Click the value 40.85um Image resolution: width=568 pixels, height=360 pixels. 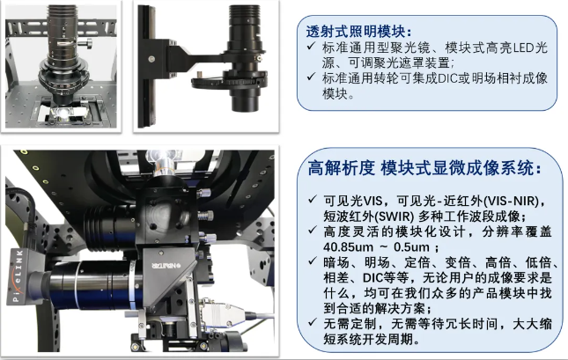[x=337, y=248]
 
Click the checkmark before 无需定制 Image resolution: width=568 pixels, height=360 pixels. [x=314, y=325]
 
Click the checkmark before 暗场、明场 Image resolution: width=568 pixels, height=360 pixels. [x=314, y=264]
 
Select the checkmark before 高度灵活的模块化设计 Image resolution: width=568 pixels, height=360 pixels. [x=314, y=232]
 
